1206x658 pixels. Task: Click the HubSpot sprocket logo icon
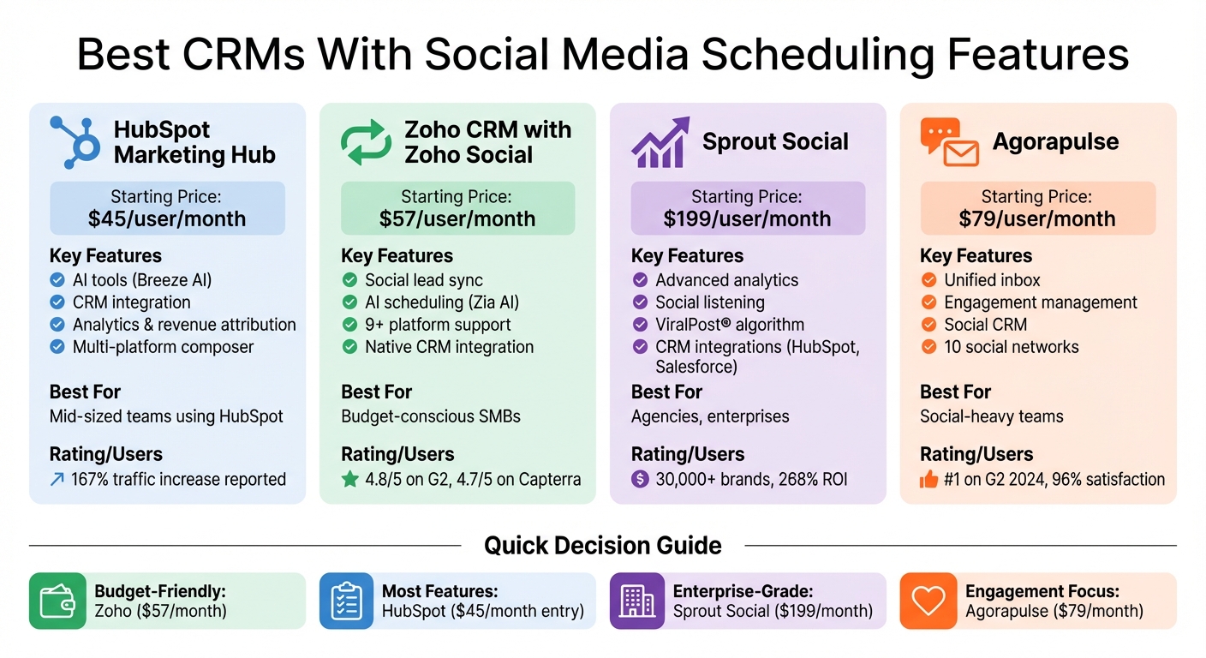[75, 142]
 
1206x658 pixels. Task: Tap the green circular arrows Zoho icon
[367, 143]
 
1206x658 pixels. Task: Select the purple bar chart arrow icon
[660, 142]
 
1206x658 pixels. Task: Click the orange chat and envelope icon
[949, 142]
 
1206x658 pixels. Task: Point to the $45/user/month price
[167, 218]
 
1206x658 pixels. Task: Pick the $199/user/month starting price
[747, 218]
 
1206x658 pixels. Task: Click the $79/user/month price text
[1037, 218]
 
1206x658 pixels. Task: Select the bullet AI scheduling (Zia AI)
[441, 302]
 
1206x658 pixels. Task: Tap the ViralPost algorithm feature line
[730, 325]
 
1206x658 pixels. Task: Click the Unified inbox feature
[992, 280]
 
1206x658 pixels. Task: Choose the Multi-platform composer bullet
[163, 347]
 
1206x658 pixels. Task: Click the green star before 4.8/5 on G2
[349, 479]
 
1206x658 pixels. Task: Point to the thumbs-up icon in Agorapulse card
[928, 480]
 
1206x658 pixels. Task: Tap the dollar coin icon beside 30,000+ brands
[640, 479]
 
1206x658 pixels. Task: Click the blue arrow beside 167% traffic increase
[57, 480]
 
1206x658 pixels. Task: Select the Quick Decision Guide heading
[602, 545]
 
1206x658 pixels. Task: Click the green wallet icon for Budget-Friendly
[57, 601]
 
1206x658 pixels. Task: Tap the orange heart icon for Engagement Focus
[928, 601]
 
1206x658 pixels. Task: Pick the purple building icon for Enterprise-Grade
[637, 601]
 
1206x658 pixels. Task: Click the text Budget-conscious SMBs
[430, 416]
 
